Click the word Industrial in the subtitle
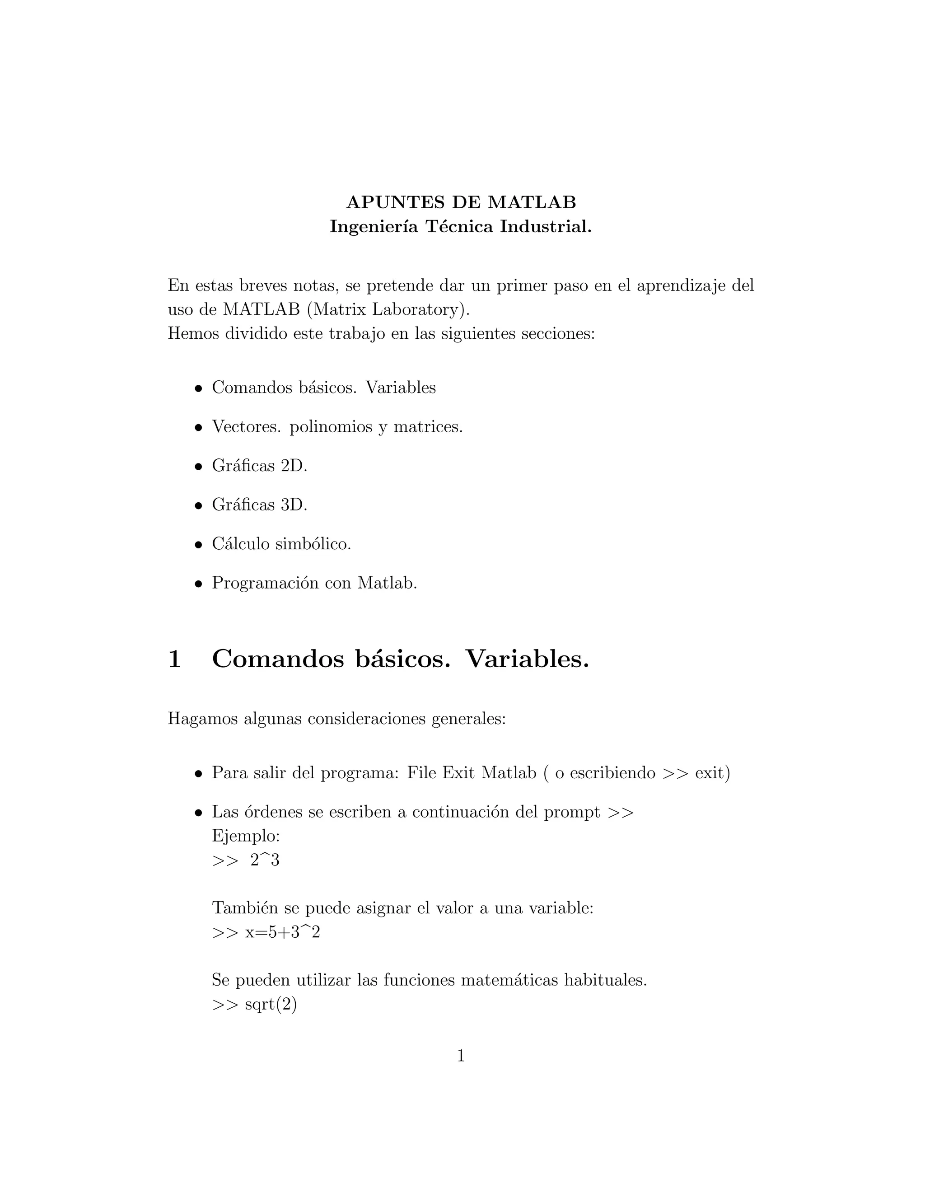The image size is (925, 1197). pos(545,226)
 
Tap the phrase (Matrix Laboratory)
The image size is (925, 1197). pos(388,310)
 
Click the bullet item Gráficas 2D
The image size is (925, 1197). pos(259,466)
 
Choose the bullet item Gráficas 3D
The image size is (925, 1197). pos(259,505)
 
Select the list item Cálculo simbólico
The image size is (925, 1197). pos(281,544)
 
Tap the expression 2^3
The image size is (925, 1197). pos(265,860)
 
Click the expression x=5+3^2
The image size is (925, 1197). pos(282,932)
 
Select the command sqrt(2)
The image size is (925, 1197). pos(271,1005)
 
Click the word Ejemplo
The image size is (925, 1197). pos(246,837)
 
